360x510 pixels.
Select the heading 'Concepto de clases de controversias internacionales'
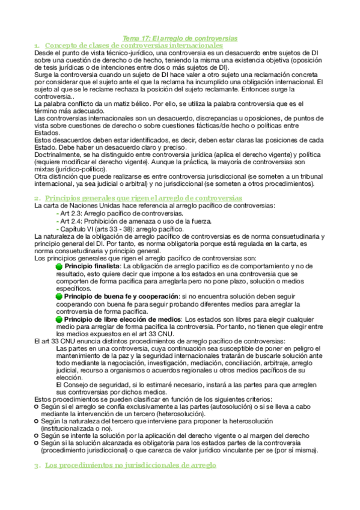[x=134, y=45]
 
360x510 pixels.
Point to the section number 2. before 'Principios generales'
[x=37, y=198]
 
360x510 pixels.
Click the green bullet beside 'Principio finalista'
[x=59, y=266]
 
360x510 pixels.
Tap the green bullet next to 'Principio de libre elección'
[x=59, y=319]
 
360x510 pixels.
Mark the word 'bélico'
[x=151, y=105]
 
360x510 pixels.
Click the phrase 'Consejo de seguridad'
[x=91, y=384]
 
